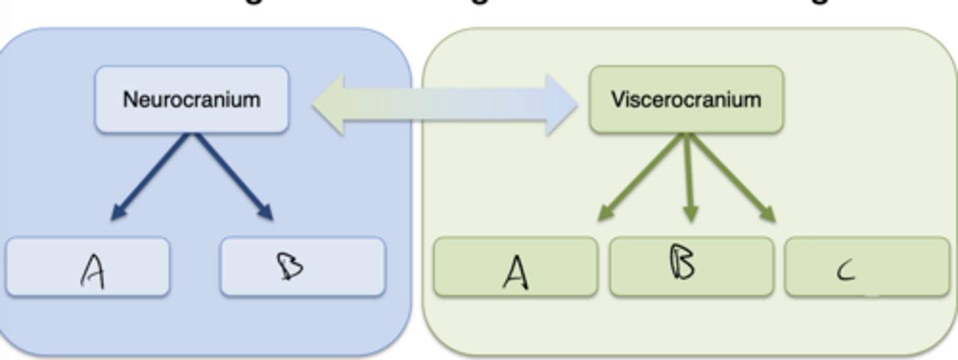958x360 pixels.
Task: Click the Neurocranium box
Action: [x=192, y=100]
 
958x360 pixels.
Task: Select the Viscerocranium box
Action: [x=686, y=100]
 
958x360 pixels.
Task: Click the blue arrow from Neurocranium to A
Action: [x=152, y=176]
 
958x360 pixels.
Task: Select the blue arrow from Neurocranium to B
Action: [x=232, y=176]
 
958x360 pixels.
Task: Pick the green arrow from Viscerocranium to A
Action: [x=642, y=176]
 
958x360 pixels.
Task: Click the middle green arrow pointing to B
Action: [x=689, y=176]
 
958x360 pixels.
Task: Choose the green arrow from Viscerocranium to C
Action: [x=732, y=176]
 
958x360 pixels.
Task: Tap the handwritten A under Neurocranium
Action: [x=92, y=271]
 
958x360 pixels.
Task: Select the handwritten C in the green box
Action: [x=846, y=271]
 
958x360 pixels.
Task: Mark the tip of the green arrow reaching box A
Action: [x=600, y=219]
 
